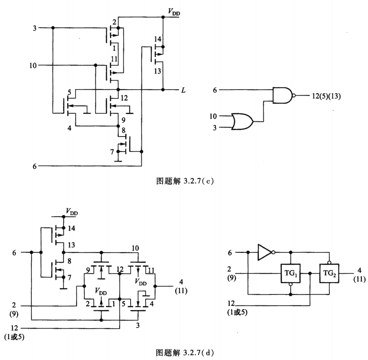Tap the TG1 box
290,273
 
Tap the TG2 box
329,273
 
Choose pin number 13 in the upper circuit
158,71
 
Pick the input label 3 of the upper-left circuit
35,28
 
